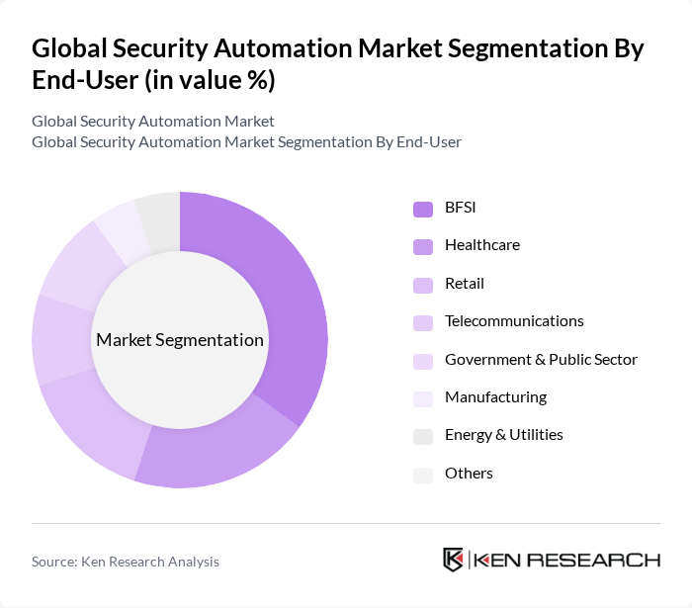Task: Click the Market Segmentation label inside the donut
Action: click(180, 340)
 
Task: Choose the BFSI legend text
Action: click(462, 207)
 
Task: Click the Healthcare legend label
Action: click(481, 245)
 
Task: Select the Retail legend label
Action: click(465, 283)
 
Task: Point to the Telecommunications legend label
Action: click(514, 321)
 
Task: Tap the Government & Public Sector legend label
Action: click(541, 359)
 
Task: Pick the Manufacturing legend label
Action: click(495, 397)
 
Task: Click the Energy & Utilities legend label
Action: click(504, 435)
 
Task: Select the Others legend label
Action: click(469, 474)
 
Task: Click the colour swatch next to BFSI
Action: click(423, 209)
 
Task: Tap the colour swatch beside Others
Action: click(423, 475)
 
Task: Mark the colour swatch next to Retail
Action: click(423, 285)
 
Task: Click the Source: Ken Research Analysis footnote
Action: click(126, 562)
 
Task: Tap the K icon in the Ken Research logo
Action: click(454, 560)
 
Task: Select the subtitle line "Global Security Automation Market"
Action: click(153, 122)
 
